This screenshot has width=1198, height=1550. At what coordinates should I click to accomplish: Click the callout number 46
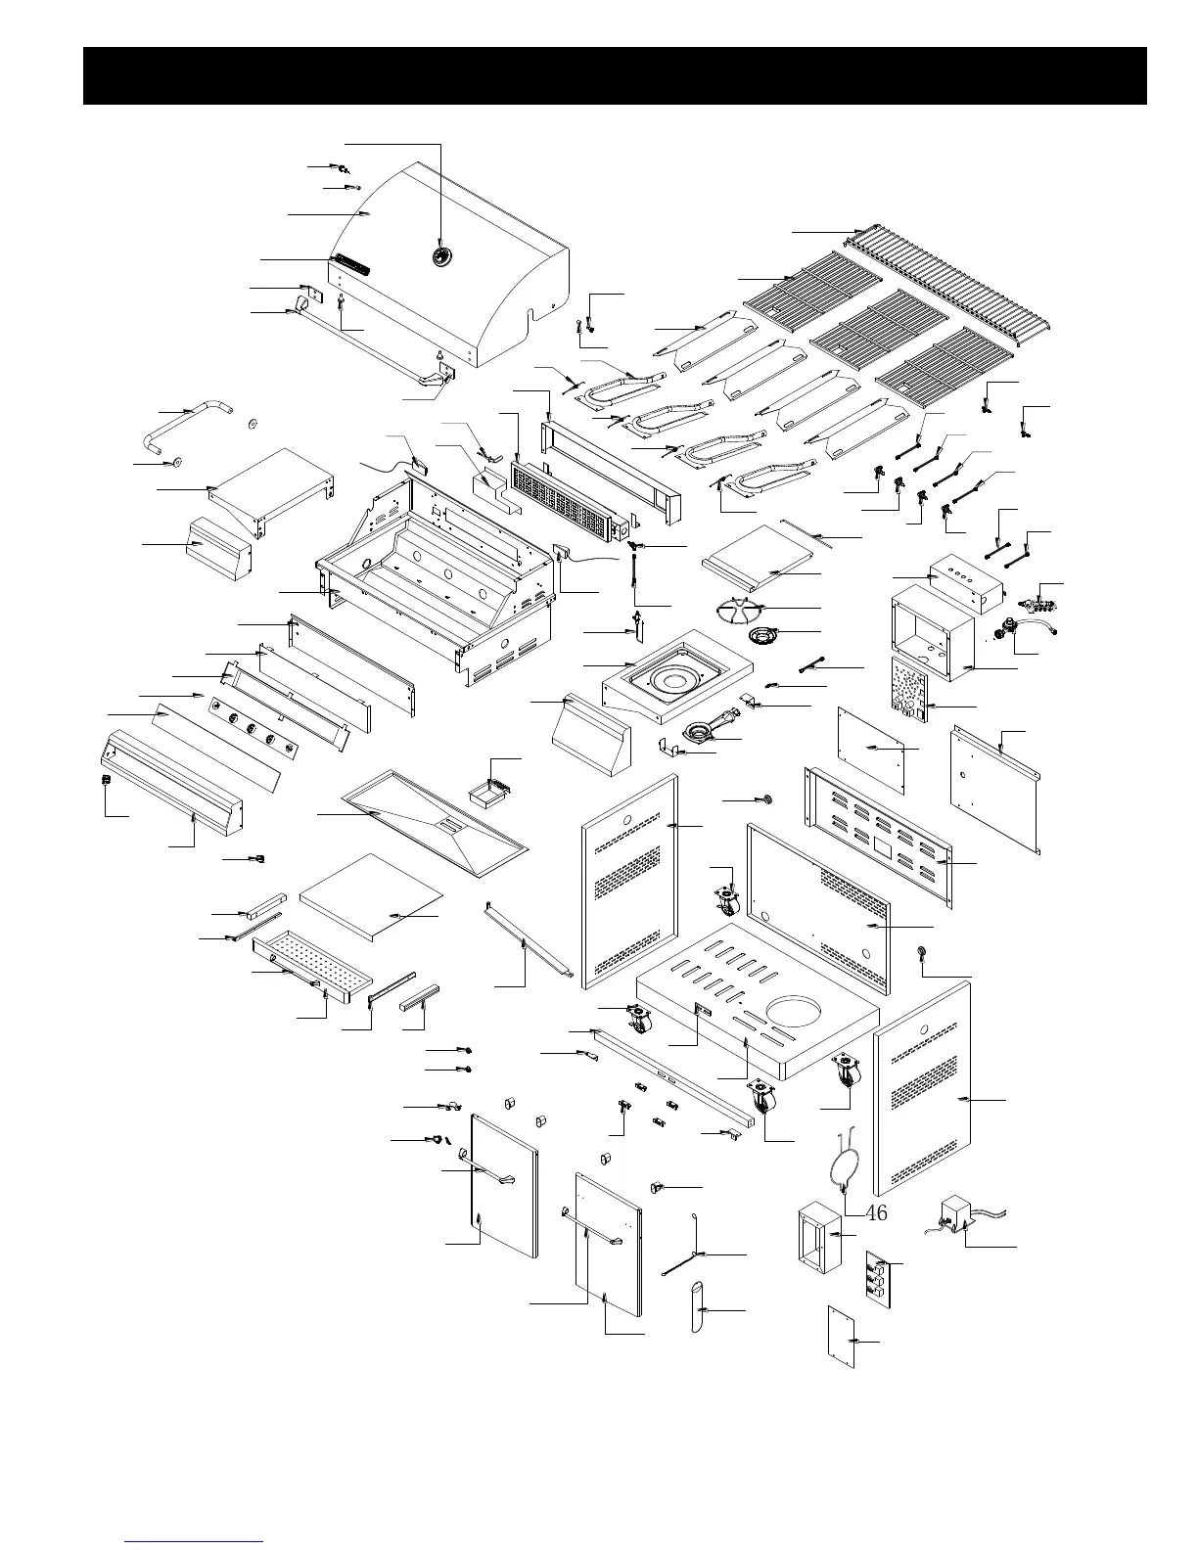coord(876,1213)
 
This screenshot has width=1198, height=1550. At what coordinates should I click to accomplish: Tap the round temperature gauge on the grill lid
coord(441,256)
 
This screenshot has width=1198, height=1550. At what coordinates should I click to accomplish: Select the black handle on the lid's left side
coord(350,264)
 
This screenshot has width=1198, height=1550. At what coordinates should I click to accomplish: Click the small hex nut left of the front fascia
coord(106,779)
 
